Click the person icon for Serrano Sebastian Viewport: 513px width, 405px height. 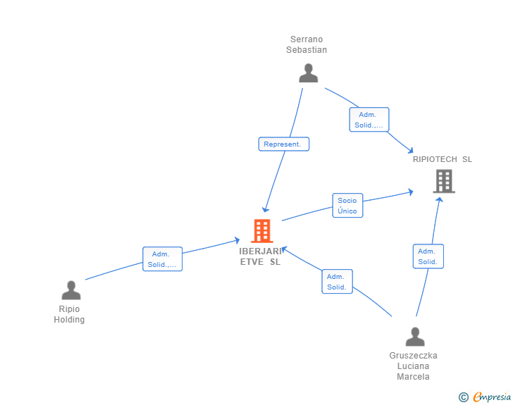308,73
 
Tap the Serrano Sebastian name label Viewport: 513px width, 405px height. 307,44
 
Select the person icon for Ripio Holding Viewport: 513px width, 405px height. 70,290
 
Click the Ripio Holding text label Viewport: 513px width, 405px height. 69,314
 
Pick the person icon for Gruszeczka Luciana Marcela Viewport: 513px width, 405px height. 415,337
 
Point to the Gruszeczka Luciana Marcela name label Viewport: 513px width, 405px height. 413,366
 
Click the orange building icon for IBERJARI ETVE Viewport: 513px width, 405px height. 261,230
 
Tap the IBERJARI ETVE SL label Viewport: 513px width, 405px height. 260,256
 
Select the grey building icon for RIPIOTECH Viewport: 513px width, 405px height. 443,181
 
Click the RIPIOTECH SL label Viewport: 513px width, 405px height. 443,159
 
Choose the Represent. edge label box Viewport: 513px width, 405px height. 283,144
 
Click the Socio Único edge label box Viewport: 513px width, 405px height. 347,206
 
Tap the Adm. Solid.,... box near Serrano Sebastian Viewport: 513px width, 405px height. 369,120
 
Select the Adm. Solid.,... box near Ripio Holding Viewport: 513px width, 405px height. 162,259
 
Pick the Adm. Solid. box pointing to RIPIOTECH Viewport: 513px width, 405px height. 428,256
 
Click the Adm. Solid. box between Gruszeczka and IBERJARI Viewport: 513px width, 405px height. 337,282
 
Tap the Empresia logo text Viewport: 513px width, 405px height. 492,397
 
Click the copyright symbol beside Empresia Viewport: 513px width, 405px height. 464,397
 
